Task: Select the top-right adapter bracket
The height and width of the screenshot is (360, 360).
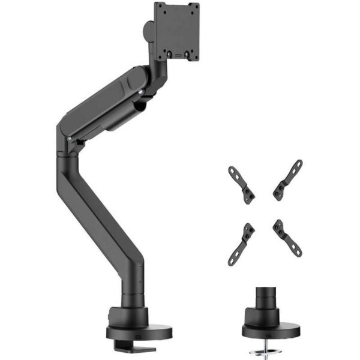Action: pos(288,179)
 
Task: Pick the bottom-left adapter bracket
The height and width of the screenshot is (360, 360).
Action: pos(241,243)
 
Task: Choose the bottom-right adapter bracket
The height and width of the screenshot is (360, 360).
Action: pos(287,238)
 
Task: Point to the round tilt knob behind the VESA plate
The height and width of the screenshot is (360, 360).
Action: pos(148,29)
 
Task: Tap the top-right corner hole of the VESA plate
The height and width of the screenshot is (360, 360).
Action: pos(194,7)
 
